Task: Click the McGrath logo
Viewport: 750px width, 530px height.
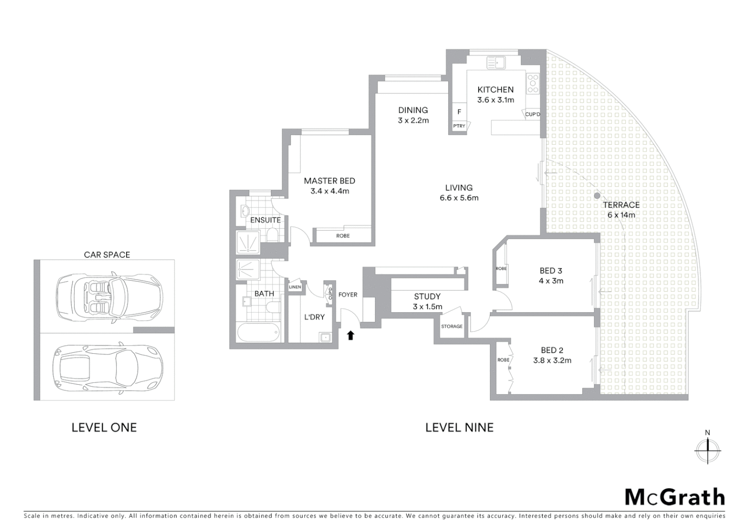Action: click(674, 497)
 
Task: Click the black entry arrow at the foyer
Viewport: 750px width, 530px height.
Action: click(350, 335)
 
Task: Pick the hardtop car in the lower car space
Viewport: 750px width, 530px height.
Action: click(107, 366)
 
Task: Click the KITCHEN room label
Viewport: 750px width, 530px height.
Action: click(495, 89)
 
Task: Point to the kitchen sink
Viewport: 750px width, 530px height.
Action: click(496, 63)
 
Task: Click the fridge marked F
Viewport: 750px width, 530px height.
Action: click(459, 112)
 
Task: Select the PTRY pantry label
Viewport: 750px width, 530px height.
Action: click(459, 126)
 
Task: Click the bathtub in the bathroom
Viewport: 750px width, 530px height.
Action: click(258, 333)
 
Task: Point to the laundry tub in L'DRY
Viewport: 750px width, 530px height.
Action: click(324, 337)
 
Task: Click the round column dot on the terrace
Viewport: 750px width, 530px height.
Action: click(597, 195)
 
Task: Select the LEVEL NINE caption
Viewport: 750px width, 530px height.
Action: click(459, 427)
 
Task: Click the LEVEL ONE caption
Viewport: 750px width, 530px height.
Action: click(104, 427)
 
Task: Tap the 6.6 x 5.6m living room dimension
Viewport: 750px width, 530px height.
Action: click(459, 198)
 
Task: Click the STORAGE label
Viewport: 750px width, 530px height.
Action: click(452, 326)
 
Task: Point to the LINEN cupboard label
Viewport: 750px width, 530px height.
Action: click(295, 287)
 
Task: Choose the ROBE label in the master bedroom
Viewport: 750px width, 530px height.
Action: click(343, 236)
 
